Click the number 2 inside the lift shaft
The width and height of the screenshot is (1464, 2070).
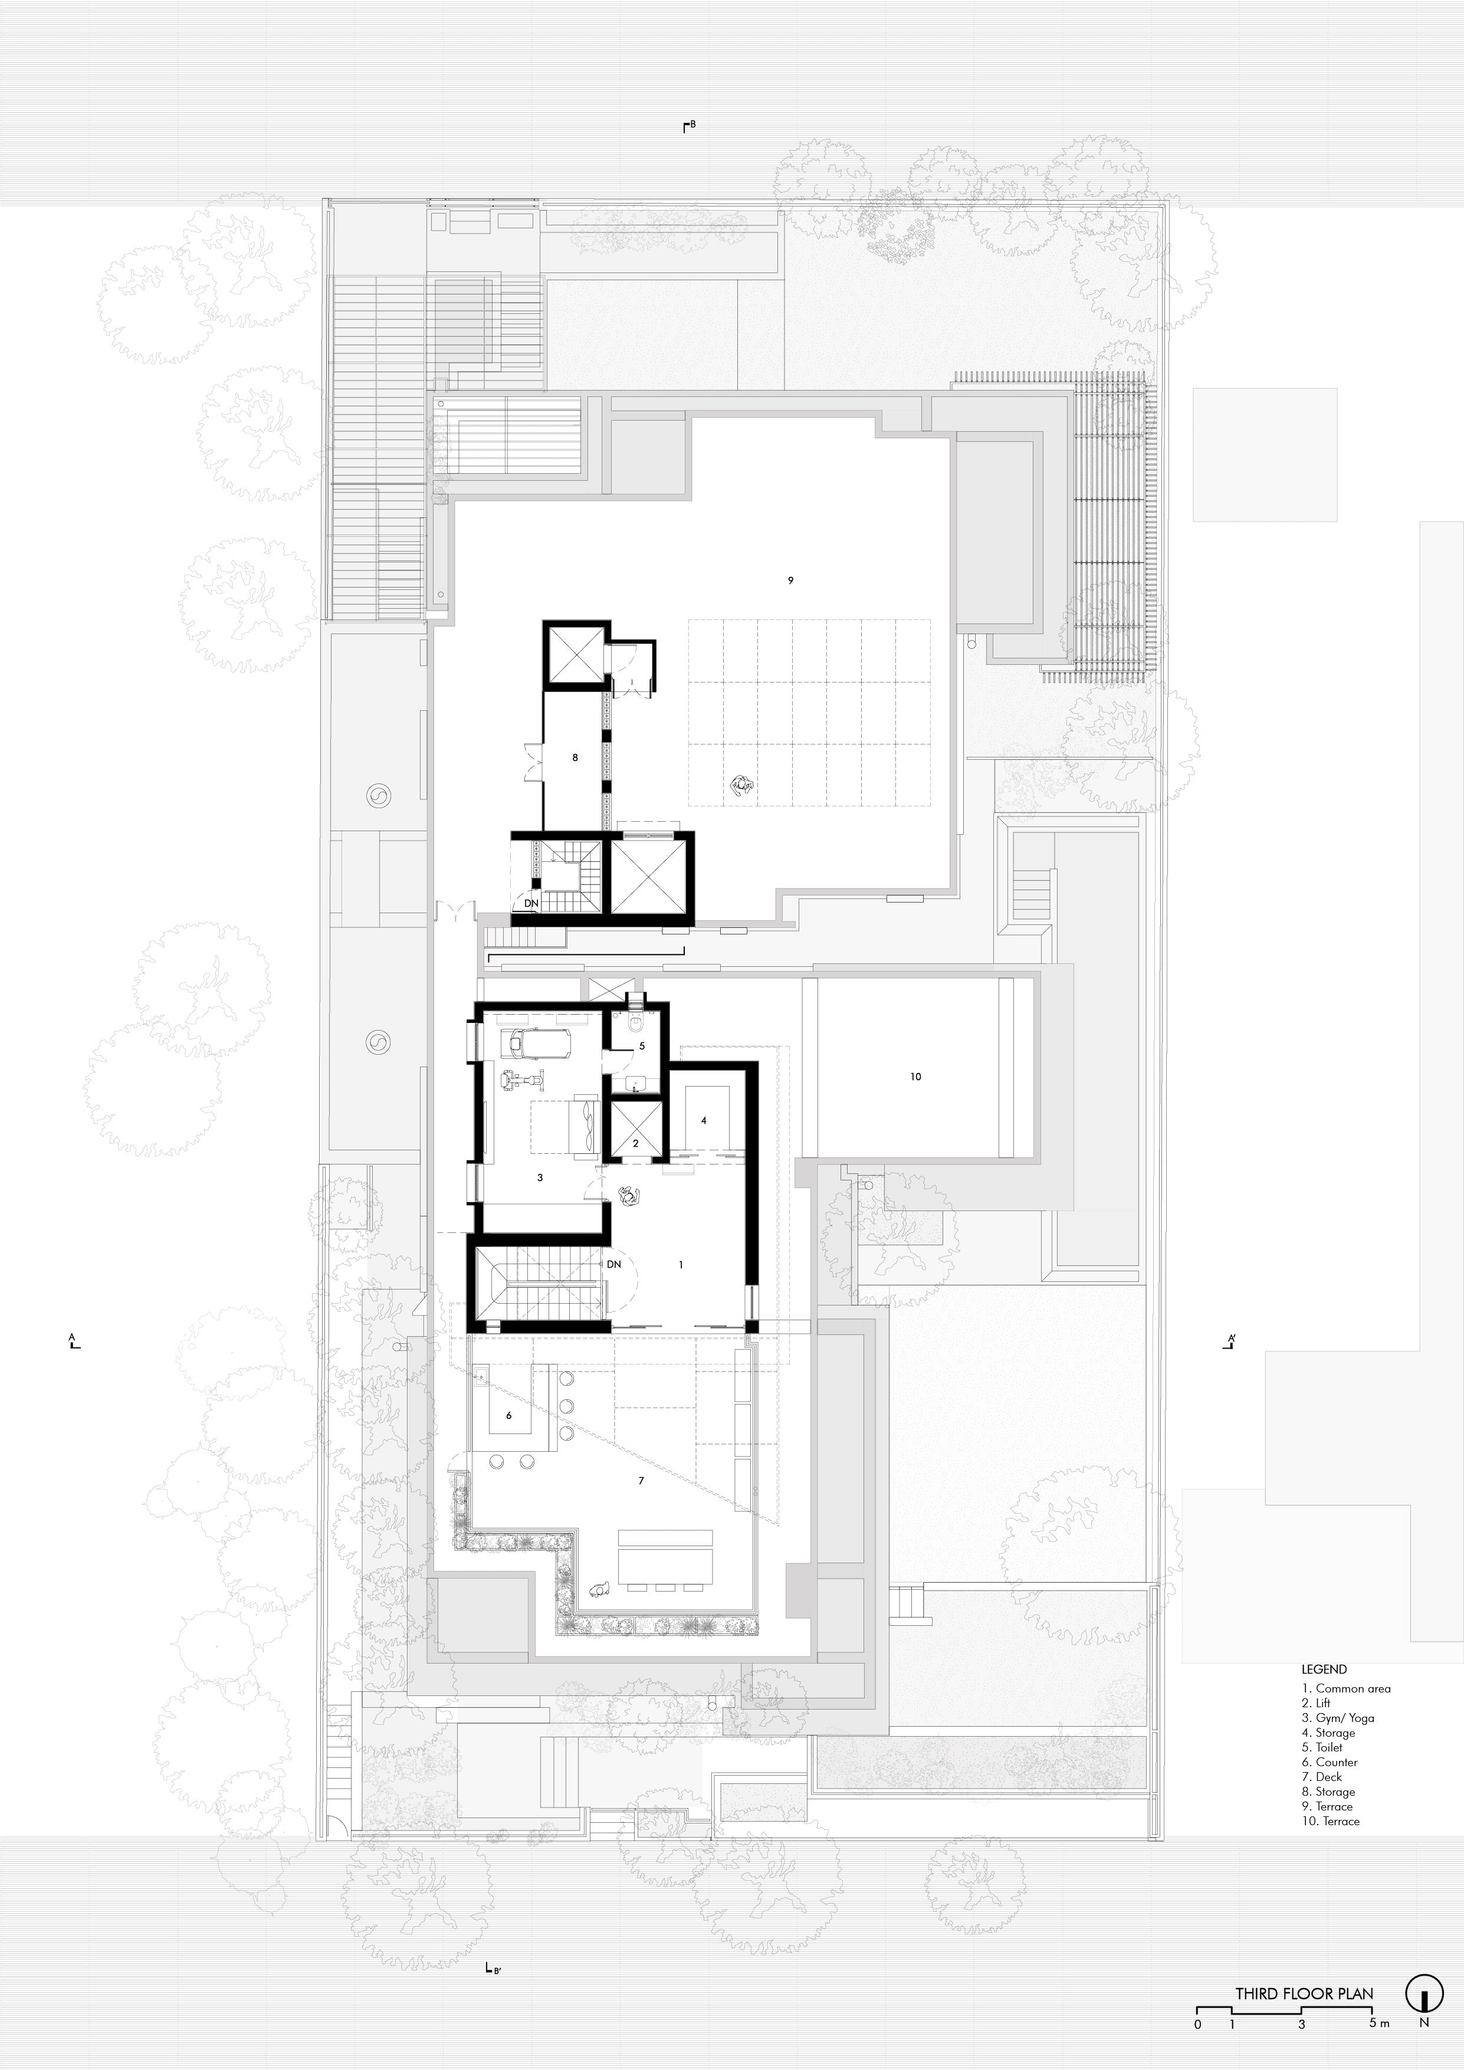pos(635,1144)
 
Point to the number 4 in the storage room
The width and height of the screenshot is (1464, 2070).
pos(704,1121)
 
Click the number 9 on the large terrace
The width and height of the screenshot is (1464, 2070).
pos(790,580)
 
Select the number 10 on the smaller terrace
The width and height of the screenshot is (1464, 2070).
pos(916,1077)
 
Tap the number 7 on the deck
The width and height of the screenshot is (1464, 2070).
pos(641,1480)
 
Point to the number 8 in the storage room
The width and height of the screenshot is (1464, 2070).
pos(575,758)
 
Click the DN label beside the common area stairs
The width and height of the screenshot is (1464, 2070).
pos(614,1265)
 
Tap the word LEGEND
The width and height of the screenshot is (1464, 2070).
pos(1324,1669)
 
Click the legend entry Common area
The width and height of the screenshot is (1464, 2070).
pos(1346,1689)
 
